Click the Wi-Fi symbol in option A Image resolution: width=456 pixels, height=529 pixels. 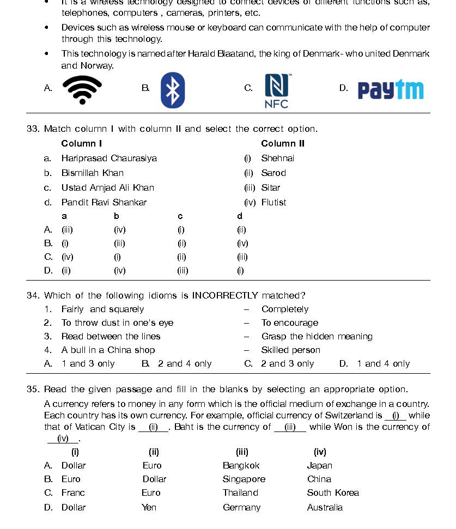tap(82, 89)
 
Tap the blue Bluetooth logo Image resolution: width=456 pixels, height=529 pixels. tap(173, 90)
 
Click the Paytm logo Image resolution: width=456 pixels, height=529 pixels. tap(390, 90)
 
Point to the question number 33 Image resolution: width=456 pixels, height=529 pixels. tap(33, 129)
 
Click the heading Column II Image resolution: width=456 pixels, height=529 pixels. tap(283, 144)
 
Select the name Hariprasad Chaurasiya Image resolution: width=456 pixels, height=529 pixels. tap(109, 159)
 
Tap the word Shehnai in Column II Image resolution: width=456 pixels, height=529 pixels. tap(277, 159)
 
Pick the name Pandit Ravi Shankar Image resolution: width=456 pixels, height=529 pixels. tap(104, 203)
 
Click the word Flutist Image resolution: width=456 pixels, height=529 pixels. tap(273, 203)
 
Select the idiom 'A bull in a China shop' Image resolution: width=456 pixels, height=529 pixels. tap(108, 350)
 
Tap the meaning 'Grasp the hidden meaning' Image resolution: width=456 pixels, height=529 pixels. tap(317, 337)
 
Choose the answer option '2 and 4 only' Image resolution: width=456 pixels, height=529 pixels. tap(185, 364)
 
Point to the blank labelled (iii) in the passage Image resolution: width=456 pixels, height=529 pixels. tap(290, 427)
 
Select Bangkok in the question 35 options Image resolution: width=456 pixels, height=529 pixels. tap(241, 466)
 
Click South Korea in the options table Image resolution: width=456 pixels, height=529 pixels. tap(333, 493)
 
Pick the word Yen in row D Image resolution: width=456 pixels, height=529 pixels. tap(149, 508)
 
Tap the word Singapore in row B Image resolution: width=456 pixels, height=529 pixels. tap(244, 479)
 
